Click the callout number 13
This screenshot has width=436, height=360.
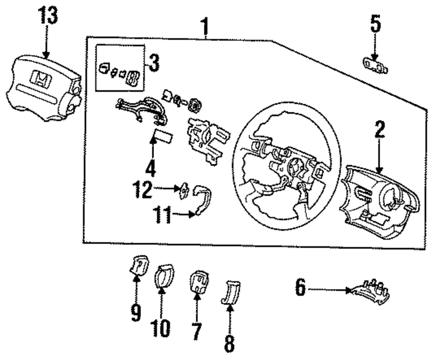48,15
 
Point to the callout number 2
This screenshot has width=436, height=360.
379,129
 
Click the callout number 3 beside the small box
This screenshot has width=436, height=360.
154,63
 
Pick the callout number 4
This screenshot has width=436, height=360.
150,167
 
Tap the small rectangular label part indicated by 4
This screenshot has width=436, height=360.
164,136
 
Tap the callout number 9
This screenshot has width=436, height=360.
136,312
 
